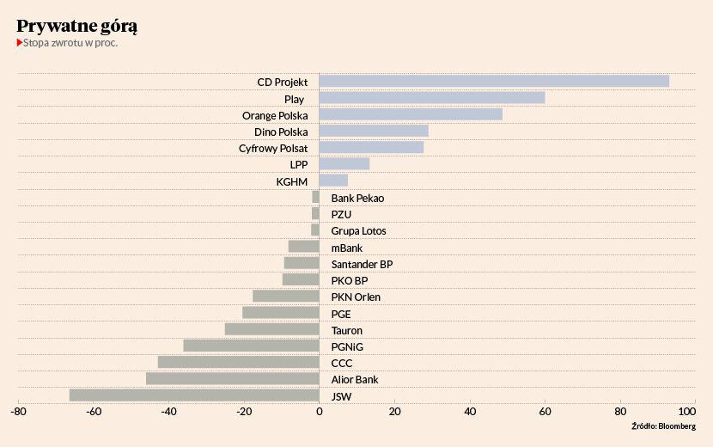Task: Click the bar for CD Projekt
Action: click(494, 82)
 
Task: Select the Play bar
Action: click(432, 98)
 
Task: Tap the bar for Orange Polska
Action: click(411, 114)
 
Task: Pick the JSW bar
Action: click(194, 395)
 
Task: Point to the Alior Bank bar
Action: click(233, 378)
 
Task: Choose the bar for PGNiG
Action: click(251, 346)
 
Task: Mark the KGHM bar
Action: click(333, 181)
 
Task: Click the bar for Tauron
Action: click(271, 329)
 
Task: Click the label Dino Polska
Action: click(281, 132)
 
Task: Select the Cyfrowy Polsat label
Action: click(273, 148)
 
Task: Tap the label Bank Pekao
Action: click(357, 199)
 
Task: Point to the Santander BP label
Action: click(362, 264)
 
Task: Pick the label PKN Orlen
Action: click(356, 297)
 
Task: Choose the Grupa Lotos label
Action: click(358, 231)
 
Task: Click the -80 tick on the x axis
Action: click(17, 412)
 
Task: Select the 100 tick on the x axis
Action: click(695, 412)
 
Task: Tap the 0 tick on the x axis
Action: click(319, 412)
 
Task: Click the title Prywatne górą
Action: click(77, 26)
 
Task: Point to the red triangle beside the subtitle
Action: click(20, 42)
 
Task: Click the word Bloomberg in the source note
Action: click(677, 426)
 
